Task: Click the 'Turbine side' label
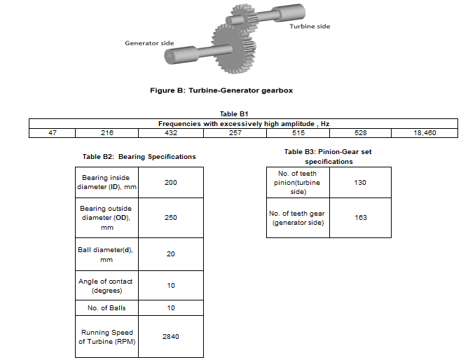pyautogui.click(x=309, y=27)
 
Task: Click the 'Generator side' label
pyautogui.click(x=149, y=43)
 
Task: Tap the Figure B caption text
pyautogui.click(x=221, y=91)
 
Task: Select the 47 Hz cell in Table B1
pyautogui.click(x=52, y=132)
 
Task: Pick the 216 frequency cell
pyautogui.click(x=106, y=132)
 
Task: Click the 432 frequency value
pyautogui.click(x=170, y=132)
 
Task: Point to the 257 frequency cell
pyautogui.click(x=235, y=132)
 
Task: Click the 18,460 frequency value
pyautogui.click(x=425, y=132)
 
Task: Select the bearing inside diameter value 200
pyautogui.click(x=171, y=183)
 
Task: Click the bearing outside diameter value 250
pyautogui.click(x=171, y=218)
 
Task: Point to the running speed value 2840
pyautogui.click(x=171, y=336)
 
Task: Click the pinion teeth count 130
pyautogui.click(x=360, y=183)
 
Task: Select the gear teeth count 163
pyautogui.click(x=360, y=217)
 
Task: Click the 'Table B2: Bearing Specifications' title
pyautogui.click(x=139, y=156)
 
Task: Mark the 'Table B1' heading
pyautogui.click(x=235, y=113)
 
